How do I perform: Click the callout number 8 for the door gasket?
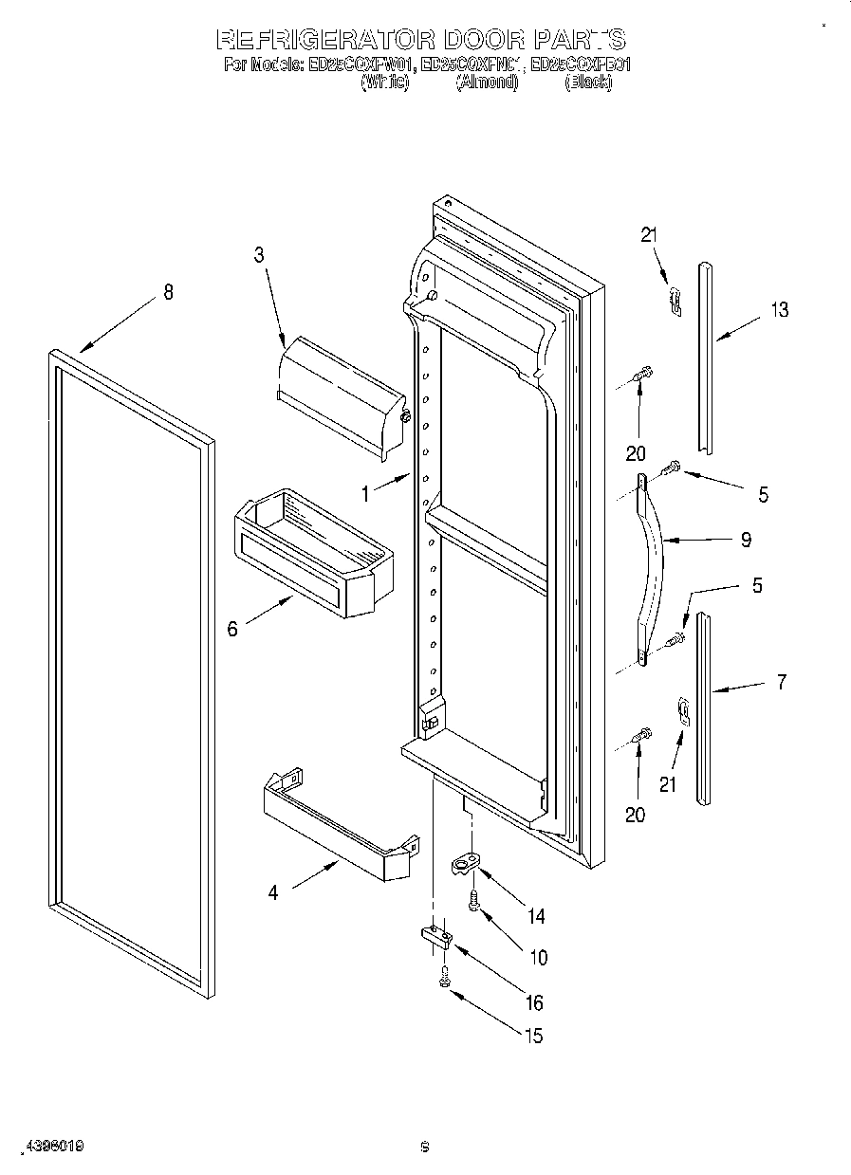point(168,292)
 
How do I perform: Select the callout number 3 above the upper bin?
point(258,254)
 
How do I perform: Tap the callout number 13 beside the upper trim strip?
point(778,310)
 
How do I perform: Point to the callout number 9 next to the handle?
point(746,540)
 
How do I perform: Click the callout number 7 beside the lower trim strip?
point(781,681)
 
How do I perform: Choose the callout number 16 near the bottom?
point(534,1002)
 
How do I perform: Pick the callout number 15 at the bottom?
point(534,1036)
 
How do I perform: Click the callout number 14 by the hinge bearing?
point(536,916)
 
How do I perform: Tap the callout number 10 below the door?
point(538,958)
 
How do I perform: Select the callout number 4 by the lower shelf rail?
point(273,892)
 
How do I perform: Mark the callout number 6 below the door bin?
point(232,629)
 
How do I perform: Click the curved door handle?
point(655,569)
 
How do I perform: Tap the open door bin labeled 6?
point(313,550)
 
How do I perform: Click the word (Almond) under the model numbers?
point(487,83)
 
